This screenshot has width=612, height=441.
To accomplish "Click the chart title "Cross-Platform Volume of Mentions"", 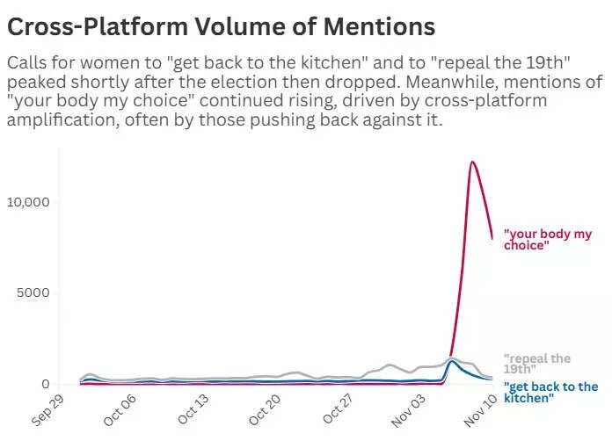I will (221, 27).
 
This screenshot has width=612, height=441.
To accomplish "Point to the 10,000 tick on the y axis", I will (32, 201).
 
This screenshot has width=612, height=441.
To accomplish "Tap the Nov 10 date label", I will (482, 408).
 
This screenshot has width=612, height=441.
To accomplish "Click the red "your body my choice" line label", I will (548, 240).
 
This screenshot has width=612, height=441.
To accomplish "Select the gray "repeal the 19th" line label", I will (536, 364).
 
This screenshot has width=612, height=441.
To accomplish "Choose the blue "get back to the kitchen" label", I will (550, 393).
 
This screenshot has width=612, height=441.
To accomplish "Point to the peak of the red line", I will (472, 162).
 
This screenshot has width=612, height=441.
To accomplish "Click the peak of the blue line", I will (452, 361).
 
